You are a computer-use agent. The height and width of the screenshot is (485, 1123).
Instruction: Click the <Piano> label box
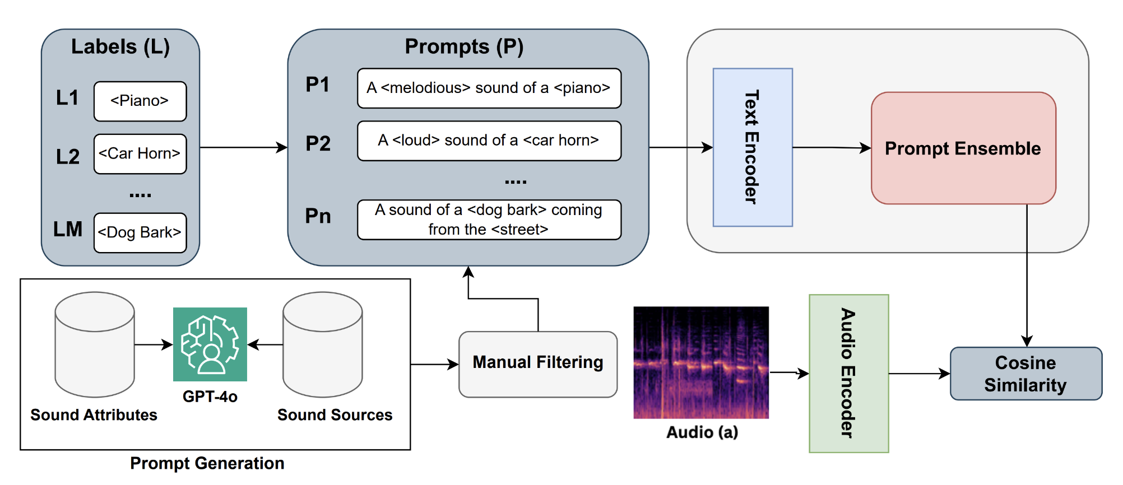pos(140,101)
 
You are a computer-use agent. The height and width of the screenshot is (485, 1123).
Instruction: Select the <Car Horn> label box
pos(140,154)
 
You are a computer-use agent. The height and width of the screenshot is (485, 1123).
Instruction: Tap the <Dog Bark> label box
pos(140,232)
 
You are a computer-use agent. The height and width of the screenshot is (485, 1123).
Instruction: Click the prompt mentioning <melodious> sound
pos(489,88)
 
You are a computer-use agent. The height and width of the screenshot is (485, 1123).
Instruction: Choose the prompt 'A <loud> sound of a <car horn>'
pos(489,141)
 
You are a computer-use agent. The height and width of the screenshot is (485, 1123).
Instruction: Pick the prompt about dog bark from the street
pos(489,220)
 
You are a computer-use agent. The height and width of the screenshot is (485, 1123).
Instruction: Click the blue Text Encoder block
pos(752,147)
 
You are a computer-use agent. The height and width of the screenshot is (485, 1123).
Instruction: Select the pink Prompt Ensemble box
pos(963,148)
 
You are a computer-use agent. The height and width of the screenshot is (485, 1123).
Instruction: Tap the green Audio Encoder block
pos(848,373)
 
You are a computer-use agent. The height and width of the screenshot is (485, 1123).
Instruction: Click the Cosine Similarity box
pos(1025,374)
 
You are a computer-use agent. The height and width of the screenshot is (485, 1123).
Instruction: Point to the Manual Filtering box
pos(537,364)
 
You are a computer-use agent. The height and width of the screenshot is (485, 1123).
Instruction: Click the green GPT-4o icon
pos(210,344)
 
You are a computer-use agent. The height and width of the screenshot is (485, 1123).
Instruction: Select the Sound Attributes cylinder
pos(94,344)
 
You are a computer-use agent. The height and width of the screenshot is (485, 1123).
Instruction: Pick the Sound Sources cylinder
pos(322,344)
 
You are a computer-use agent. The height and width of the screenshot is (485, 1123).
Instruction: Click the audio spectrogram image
pos(700,362)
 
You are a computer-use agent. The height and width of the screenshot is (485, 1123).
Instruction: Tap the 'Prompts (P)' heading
pos(464,46)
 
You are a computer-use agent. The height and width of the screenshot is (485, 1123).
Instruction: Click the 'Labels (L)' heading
pos(120,46)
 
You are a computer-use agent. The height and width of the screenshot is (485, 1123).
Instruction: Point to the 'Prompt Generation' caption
pos(207,463)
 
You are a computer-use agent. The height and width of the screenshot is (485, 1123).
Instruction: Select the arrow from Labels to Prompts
pos(243,147)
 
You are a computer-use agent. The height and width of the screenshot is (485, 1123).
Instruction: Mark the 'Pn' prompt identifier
pos(318,216)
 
